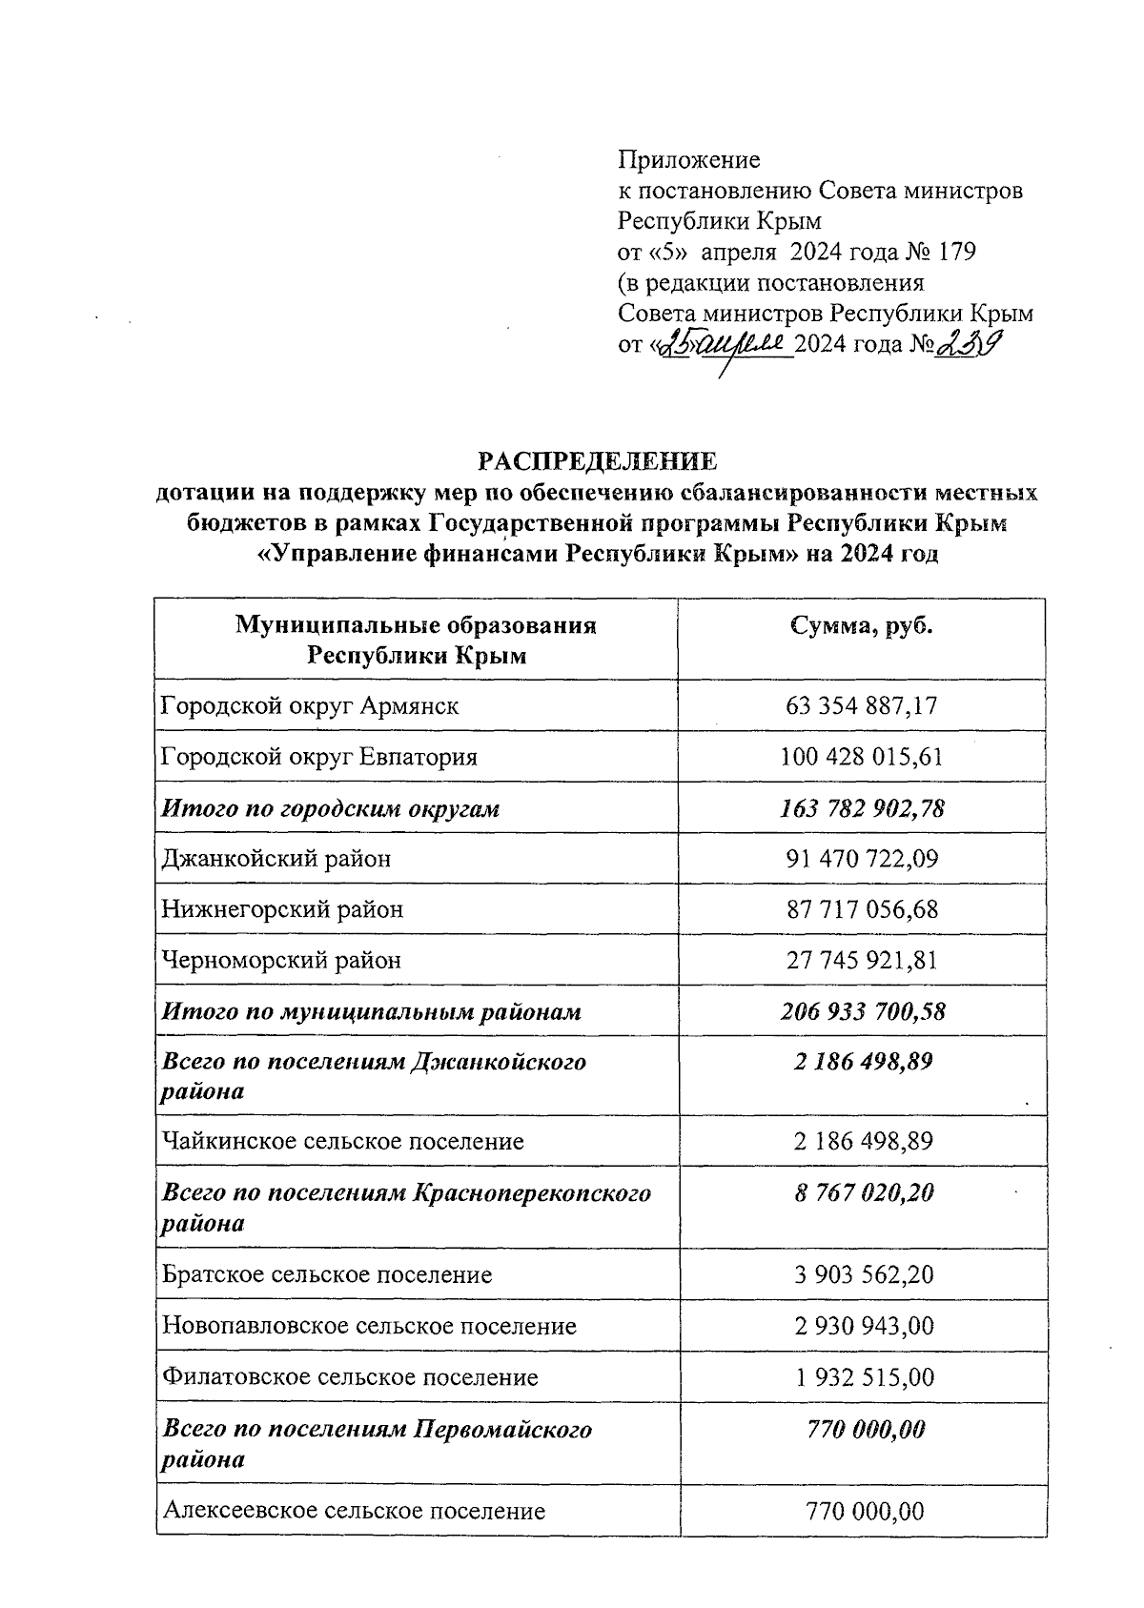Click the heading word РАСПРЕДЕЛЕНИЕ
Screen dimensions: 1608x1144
pos(597,462)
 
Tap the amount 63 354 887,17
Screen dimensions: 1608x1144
pos(862,706)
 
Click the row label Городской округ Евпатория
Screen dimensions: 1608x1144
pos(319,757)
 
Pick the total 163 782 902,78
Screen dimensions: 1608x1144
pos(862,808)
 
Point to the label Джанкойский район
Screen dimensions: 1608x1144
pos(276,859)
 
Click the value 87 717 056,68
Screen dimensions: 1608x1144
pos(862,909)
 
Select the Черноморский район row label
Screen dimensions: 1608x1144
pos(282,960)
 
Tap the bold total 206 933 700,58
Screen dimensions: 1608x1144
pos(862,1011)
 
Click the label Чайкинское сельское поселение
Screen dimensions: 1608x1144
pos(343,1141)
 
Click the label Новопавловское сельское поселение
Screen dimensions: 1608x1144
pos(370,1326)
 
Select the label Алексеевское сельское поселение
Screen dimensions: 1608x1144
pos(354,1511)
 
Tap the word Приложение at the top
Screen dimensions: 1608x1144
pos(689,159)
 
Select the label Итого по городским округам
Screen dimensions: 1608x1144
pos(331,808)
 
